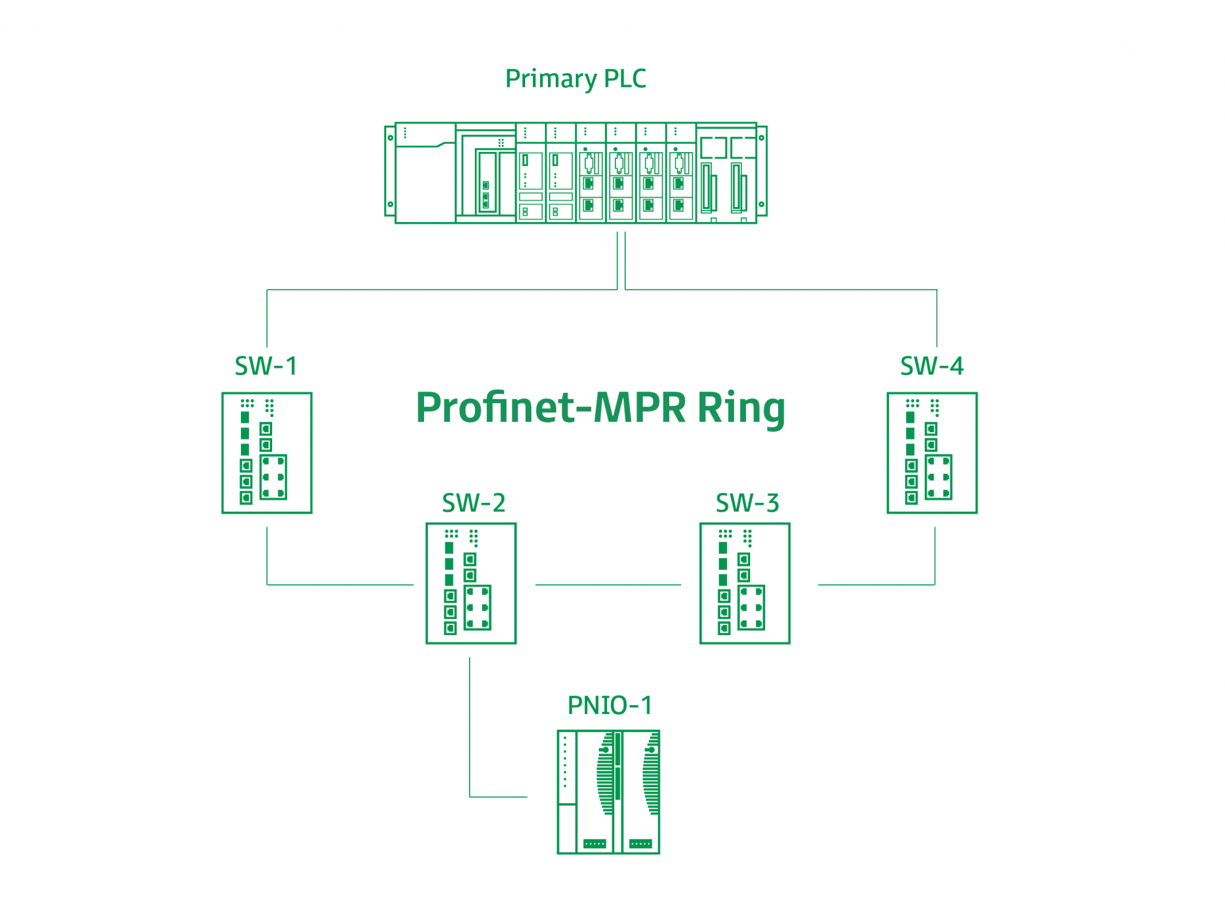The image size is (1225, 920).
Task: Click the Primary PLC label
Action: (575, 79)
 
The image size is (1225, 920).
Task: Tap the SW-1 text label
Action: (266, 366)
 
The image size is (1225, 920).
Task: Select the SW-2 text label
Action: (474, 503)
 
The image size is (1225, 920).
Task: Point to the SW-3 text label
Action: (747, 503)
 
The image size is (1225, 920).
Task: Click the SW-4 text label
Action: (931, 366)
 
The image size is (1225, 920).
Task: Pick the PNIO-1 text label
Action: (610, 705)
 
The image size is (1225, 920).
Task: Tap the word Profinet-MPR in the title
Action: (550, 408)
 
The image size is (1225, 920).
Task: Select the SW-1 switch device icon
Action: (267, 453)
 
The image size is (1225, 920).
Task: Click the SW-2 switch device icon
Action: (471, 583)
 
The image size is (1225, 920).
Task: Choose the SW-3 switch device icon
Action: (745, 583)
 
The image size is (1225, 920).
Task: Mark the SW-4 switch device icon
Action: (932, 453)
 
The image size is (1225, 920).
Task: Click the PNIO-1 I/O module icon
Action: (608, 791)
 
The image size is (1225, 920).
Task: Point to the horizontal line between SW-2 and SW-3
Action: (608, 585)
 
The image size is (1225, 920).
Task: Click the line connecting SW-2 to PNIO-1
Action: (470, 730)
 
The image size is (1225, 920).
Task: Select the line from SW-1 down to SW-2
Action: (267, 557)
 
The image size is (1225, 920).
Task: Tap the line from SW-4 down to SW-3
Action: (934, 557)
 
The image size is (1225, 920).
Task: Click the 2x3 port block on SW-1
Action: (273, 477)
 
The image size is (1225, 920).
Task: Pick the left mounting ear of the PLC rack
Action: (390, 171)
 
